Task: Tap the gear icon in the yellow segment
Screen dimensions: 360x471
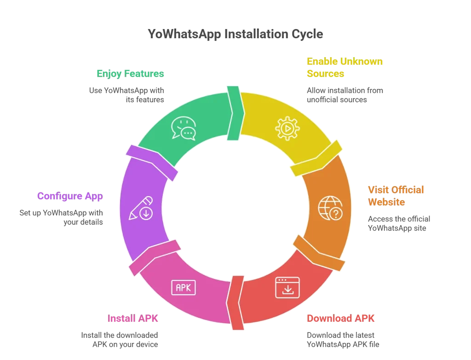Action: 287,128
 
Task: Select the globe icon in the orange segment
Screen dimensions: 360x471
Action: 331,208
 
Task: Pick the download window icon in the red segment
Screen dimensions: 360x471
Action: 287,287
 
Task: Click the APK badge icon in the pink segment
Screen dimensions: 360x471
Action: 184,287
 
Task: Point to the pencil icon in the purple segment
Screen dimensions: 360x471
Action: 141,208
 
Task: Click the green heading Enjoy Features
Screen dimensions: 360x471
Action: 130,73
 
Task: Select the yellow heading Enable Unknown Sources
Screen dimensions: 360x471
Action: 338,67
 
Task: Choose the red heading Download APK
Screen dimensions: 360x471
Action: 340,318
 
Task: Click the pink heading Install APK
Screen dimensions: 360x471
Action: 134,318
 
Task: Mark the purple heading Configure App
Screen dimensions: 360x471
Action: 70,196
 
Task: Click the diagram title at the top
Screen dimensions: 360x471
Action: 235,34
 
